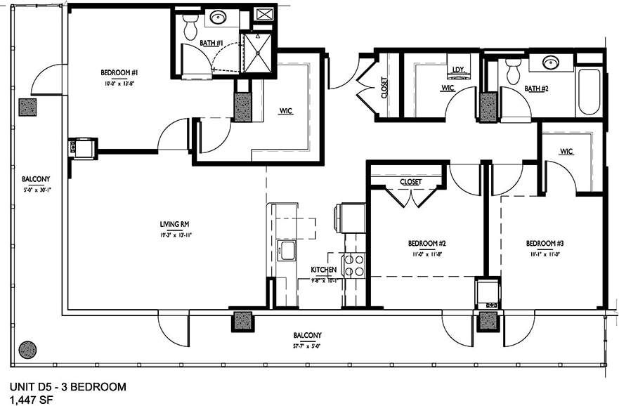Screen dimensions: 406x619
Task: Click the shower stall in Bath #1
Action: click(x=257, y=53)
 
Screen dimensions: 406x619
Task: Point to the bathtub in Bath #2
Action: click(x=589, y=91)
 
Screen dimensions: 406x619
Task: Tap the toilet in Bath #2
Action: click(x=513, y=70)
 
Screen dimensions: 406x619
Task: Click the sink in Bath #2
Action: click(x=551, y=63)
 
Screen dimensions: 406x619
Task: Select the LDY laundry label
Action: click(x=459, y=69)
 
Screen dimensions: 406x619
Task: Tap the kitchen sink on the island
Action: click(x=286, y=250)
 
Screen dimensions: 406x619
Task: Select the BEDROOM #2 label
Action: click(x=427, y=244)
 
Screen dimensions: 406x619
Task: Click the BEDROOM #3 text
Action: click(x=545, y=244)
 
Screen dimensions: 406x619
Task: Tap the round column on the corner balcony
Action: click(x=27, y=349)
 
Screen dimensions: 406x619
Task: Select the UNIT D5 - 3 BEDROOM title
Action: click(x=68, y=386)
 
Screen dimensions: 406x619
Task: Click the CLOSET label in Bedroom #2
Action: click(x=410, y=182)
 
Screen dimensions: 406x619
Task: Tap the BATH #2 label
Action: click(x=536, y=89)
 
